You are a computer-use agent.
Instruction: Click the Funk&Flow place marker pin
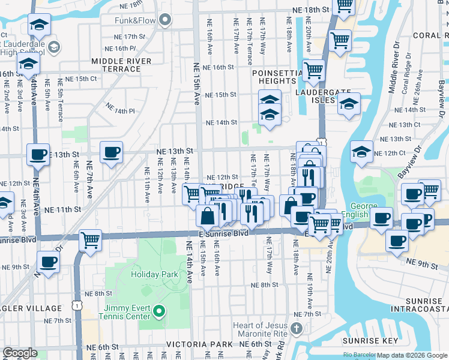pos(167,20)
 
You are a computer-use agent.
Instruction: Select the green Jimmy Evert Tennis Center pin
pos(159,311)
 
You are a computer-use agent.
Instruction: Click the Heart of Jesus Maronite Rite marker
pos(295,328)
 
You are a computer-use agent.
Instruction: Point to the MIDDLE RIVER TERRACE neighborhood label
pos(116,65)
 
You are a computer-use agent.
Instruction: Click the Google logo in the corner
pos(20,353)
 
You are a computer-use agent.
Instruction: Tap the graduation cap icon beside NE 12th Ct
pos(361,151)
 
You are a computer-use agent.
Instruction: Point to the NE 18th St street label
pos(311,10)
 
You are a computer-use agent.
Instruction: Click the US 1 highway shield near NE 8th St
pos(77,305)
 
